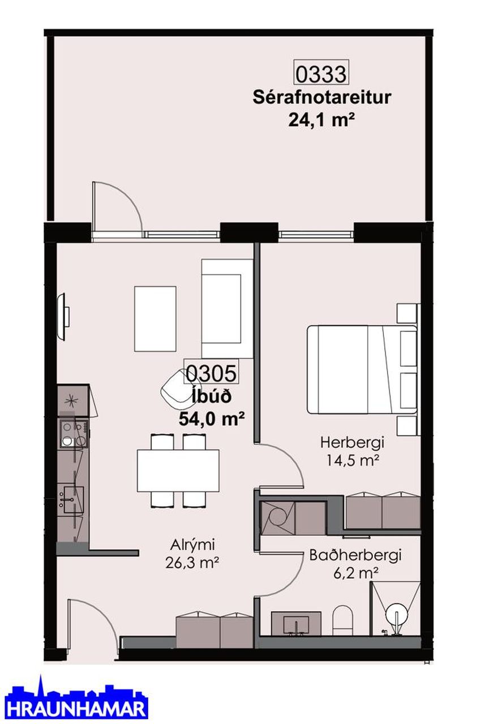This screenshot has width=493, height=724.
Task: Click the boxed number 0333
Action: pyautogui.click(x=321, y=74)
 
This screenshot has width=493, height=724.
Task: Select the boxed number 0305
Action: pyautogui.click(x=211, y=373)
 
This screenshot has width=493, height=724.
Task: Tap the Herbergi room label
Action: pyautogui.click(x=352, y=442)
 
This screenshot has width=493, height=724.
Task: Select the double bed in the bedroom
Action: pyautogui.click(x=362, y=369)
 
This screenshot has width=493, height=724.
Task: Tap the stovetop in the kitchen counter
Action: pyautogui.click(x=74, y=433)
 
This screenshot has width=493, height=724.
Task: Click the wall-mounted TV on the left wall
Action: pyautogui.click(x=62, y=316)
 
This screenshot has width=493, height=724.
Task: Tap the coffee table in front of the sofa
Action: pyautogui.click(x=155, y=318)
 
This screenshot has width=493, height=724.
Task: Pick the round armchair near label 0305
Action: pyautogui.click(x=175, y=390)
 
